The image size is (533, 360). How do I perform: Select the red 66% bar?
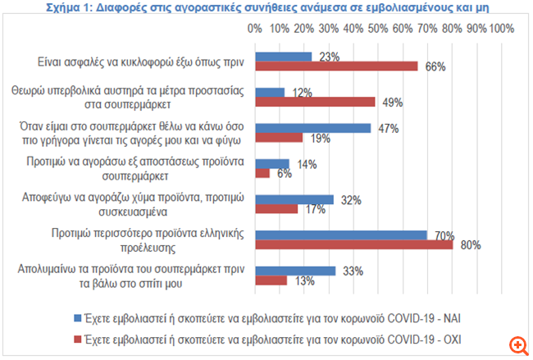336,66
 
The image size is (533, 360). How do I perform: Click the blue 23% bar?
283,57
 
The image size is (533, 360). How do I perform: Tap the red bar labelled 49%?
315,102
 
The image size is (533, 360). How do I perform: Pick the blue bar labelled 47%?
312,128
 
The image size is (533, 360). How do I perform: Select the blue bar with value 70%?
341,235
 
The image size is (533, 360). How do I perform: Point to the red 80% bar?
353,244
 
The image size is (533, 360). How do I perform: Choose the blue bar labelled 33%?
295,271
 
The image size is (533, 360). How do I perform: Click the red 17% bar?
276,208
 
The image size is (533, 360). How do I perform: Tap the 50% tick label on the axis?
380,29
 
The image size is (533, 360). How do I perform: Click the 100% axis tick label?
501,29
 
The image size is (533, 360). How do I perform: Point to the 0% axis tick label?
255,29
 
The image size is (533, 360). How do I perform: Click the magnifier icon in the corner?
517,344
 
